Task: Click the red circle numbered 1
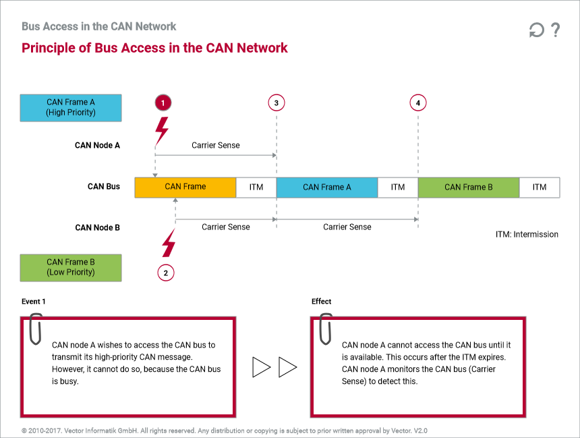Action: click(163, 103)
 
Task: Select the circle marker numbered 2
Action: click(166, 273)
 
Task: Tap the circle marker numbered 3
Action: click(276, 103)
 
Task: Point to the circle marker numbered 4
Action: click(418, 103)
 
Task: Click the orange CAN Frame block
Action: click(185, 187)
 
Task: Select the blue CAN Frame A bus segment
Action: click(327, 187)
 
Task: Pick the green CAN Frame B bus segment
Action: click(469, 187)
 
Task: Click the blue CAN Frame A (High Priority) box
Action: click(71, 107)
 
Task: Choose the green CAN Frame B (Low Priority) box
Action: click(71, 267)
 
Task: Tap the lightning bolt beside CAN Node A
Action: click(162, 130)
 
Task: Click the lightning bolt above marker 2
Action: click(168, 242)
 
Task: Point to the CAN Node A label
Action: click(97, 145)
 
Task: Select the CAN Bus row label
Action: click(104, 186)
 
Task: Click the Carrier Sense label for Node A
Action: click(216, 145)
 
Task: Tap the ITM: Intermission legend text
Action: click(527, 234)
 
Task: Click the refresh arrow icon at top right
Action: click(536, 30)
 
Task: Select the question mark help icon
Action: click(555, 30)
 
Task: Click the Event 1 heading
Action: click(34, 302)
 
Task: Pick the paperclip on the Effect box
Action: click(326, 328)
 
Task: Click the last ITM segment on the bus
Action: click(540, 187)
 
